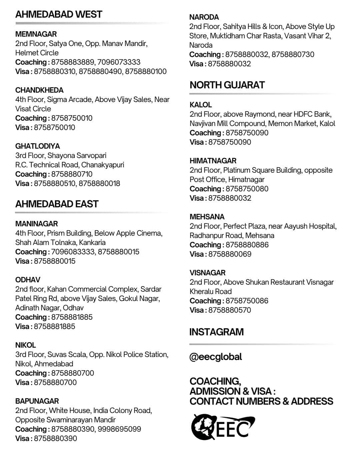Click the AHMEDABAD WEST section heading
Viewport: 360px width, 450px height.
(x=59, y=14)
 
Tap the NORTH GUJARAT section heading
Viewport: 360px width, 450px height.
(x=227, y=85)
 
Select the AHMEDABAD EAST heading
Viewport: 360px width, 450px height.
(x=57, y=204)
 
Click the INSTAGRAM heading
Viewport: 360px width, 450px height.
(x=216, y=332)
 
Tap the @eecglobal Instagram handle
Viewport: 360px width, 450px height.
(x=216, y=357)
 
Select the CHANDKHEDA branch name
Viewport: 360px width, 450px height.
(x=39, y=90)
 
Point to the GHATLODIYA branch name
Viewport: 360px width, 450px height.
(x=38, y=146)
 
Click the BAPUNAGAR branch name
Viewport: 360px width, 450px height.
(x=37, y=401)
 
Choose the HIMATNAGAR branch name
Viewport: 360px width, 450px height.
(x=213, y=161)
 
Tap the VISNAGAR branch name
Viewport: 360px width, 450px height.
(x=208, y=273)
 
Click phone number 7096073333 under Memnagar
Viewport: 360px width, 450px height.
(x=119, y=62)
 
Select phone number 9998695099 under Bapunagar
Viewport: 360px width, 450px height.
(x=119, y=429)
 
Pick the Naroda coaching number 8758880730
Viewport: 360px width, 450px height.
(x=293, y=54)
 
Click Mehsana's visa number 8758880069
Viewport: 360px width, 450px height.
(x=230, y=254)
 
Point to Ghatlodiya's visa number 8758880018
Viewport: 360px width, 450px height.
(x=99, y=183)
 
